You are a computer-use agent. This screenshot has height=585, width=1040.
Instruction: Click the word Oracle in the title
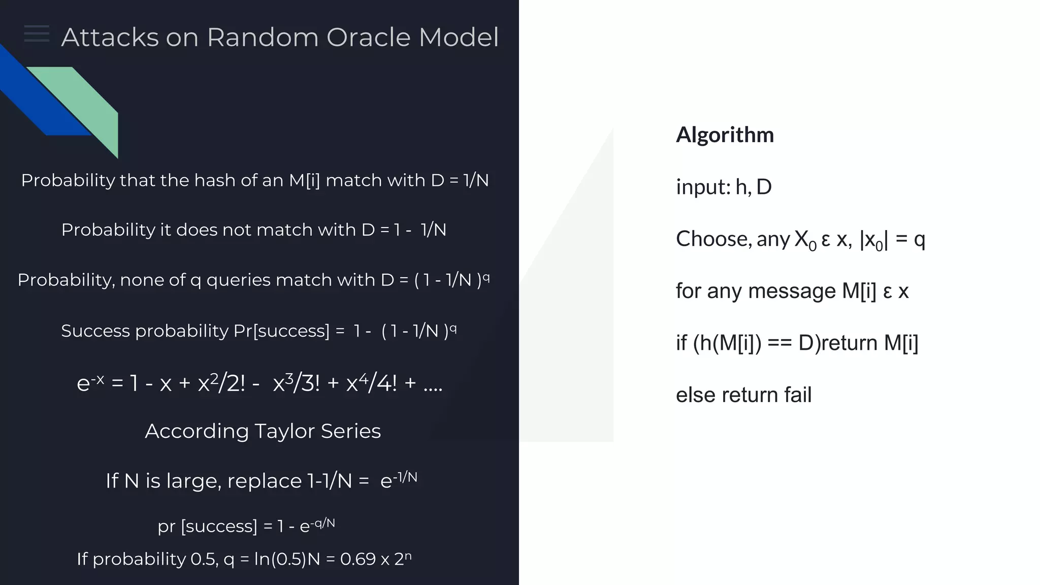(368, 38)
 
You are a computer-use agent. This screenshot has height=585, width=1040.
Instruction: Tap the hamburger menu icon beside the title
(37, 34)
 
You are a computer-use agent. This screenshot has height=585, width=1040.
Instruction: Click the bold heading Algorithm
(725, 135)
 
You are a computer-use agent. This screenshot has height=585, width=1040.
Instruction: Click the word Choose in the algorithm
(713, 239)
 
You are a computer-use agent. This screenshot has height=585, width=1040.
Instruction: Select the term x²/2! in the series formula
(221, 382)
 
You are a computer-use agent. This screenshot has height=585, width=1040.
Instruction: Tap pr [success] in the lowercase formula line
(207, 526)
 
